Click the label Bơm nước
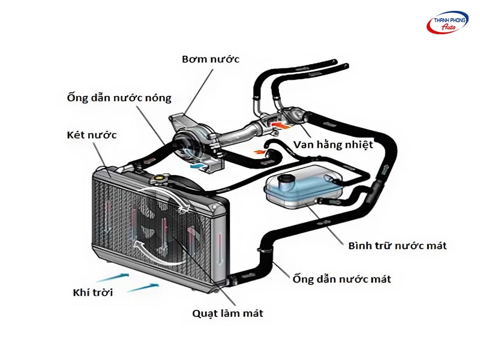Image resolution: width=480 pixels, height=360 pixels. point(211,59)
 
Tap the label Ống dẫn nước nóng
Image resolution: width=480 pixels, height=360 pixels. point(119,97)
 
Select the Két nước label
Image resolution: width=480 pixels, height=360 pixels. point(92,134)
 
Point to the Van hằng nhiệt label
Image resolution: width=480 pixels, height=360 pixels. point(334,145)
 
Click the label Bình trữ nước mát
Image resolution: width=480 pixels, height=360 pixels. point(397,245)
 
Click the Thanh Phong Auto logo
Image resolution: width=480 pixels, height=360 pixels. point(446,22)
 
